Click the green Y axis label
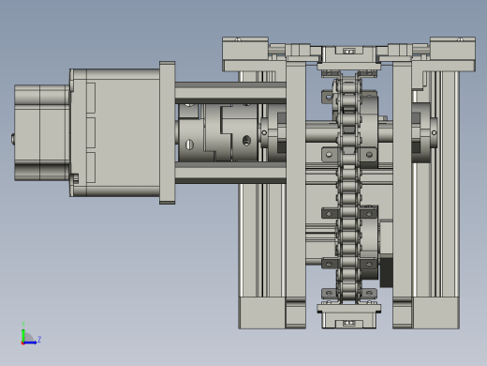(x=23, y=324)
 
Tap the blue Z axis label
(x=39, y=339)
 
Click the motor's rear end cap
(x=42, y=132)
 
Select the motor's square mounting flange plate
(x=167, y=132)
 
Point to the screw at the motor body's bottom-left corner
(x=75, y=178)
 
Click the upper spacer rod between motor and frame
(x=230, y=93)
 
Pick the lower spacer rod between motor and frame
(x=230, y=173)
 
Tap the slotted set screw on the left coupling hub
(x=189, y=145)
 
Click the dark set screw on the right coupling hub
(x=246, y=141)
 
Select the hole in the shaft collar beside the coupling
(x=264, y=132)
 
